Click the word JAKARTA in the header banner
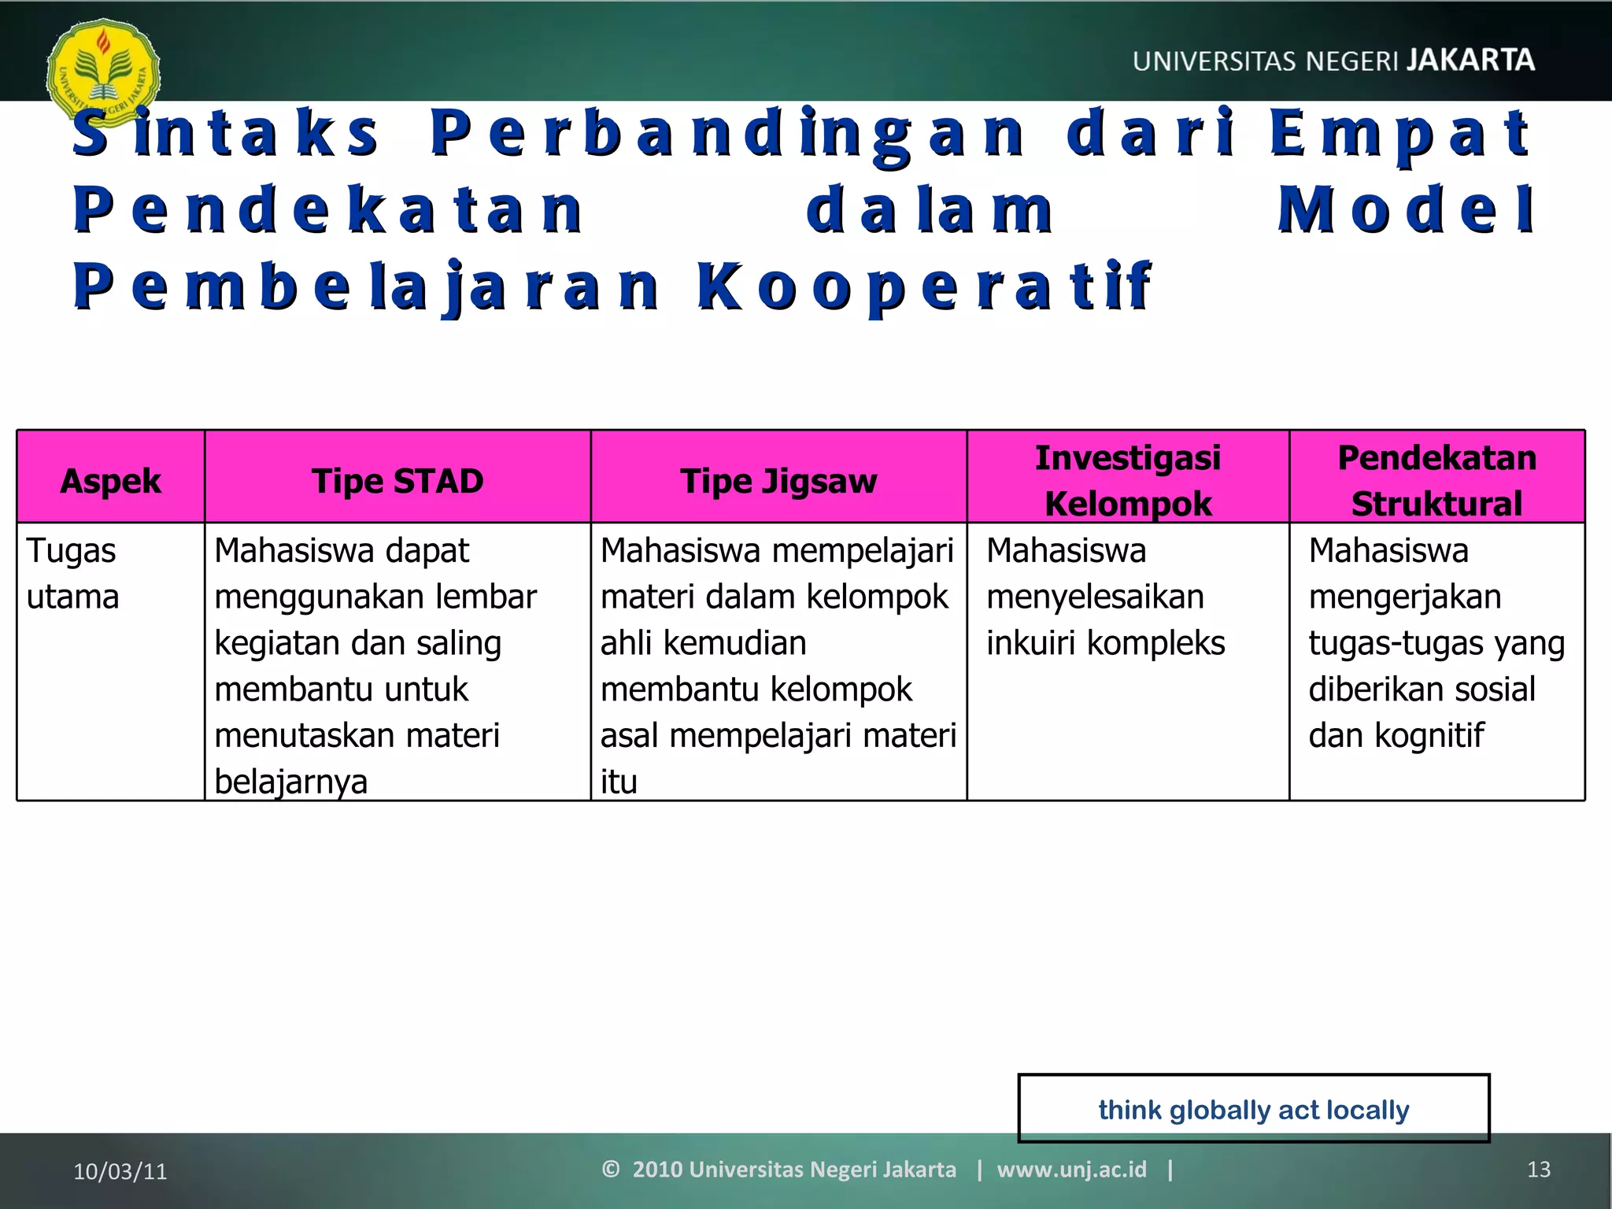click(1470, 61)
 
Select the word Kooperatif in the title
click(924, 287)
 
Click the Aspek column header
click(110, 481)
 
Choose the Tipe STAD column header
click(397, 481)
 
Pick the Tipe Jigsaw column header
click(778, 481)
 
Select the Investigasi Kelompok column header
click(1128, 480)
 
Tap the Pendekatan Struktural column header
click(1436, 480)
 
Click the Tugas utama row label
click(72, 574)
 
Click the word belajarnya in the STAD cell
click(291, 782)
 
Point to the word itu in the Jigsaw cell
click(619, 782)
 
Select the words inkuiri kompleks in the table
click(1106, 643)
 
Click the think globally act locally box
click(1254, 1109)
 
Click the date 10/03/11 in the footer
click(120, 1171)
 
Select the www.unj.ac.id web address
click(1071, 1169)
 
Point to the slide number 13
click(1538, 1170)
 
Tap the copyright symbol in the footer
click(611, 1169)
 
